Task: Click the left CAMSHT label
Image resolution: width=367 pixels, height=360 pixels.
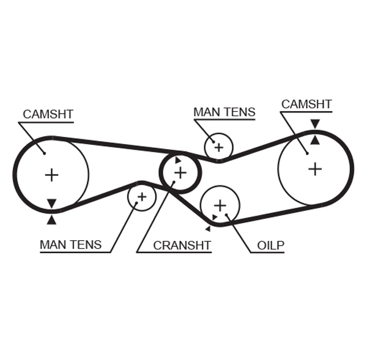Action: click(x=48, y=114)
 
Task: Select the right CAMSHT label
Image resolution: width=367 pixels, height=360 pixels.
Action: click(x=306, y=104)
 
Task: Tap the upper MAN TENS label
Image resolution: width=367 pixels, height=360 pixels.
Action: click(x=224, y=112)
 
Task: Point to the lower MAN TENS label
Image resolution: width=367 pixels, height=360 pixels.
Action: click(x=70, y=244)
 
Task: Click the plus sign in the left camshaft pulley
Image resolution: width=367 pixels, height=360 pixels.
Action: click(x=51, y=175)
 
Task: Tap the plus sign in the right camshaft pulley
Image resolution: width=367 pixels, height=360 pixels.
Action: click(x=314, y=169)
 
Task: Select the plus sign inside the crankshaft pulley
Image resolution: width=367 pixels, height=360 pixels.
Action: click(x=180, y=173)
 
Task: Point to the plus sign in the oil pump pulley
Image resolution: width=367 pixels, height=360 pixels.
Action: click(x=220, y=205)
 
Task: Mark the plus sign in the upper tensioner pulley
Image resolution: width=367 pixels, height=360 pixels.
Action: click(x=218, y=147)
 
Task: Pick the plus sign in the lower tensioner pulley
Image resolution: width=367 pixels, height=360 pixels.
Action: click(x=142, y=197)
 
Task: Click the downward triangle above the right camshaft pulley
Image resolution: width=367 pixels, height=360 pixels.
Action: click(x=314, y=124)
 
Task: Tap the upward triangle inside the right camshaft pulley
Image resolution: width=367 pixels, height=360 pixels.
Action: click(x=314, y=140)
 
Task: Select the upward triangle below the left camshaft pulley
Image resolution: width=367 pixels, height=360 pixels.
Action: click(x=51, y=219)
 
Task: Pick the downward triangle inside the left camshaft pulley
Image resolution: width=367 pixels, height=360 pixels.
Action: click(x=51, y=204)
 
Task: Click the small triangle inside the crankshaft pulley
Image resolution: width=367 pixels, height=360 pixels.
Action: click(x=178, y=161)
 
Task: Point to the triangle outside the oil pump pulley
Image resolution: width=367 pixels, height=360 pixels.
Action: click(x=208, y=229)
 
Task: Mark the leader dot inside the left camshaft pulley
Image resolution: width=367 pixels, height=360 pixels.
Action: click(x=44, y=153)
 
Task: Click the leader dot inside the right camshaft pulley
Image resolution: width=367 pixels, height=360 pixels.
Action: click(x=307, y=153)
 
